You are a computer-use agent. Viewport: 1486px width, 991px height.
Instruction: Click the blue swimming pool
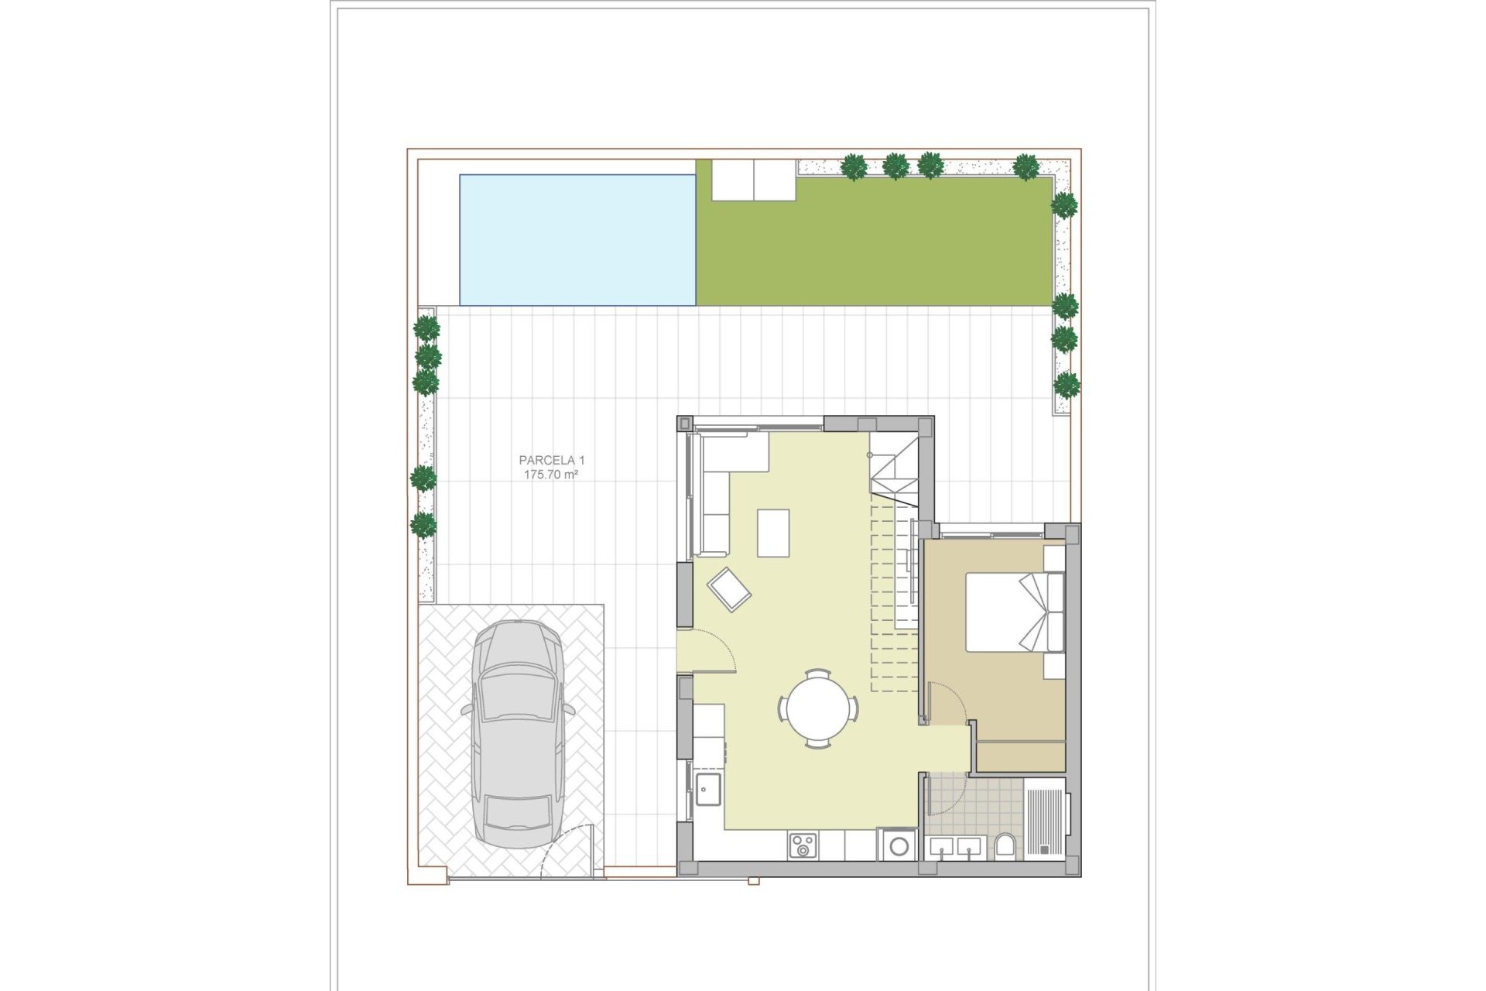click(577, 240)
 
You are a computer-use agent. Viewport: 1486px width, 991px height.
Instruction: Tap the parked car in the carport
click(517, 733)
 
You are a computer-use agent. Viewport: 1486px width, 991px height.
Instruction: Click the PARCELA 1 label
click(551, 460)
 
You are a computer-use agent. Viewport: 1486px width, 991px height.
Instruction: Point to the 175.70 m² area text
click(551, 475)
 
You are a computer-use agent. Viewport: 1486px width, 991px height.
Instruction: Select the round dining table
click(818, 708)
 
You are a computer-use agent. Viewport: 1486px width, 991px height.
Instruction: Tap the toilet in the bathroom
click(1005, 845)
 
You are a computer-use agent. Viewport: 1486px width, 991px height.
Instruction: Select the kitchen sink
click(707, 789)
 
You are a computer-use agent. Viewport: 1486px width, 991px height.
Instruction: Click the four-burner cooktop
click(802, 845)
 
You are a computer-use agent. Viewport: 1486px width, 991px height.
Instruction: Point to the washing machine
click(899, 845)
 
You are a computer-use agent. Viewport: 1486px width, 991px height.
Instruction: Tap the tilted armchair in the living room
click(728, 590)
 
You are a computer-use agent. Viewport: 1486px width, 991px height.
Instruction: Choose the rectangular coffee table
click(773, 533)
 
